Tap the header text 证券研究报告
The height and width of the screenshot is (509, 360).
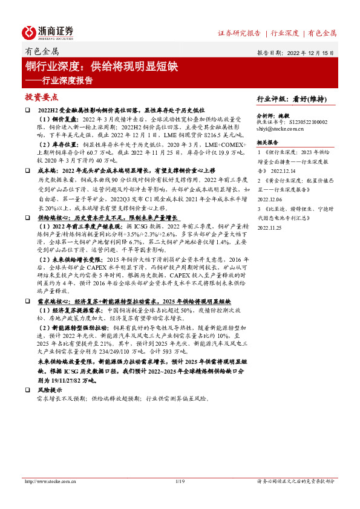pos(238,33)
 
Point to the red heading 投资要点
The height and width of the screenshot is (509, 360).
pos(41,97)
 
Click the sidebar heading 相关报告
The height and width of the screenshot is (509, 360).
pos(267,143)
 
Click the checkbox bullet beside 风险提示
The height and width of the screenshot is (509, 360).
pos(27,391)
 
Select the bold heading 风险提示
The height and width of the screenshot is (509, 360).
pos(48,391)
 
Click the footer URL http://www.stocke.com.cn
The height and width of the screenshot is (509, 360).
pos(48,481)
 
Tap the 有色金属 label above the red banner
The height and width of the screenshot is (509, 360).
pos(41,52)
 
